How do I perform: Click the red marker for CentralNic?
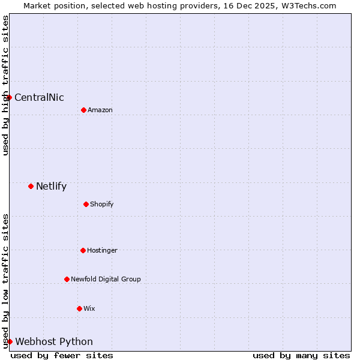click(x=9, y=97)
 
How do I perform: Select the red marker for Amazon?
click(x=83, y=110)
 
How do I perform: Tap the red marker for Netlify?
click(x=31, y=186)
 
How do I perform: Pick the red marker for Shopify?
click(x=86, y=204)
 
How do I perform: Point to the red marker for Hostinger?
click(x=83, y=250)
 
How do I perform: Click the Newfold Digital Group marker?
click(x=67, y=279)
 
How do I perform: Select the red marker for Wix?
click(x=79, y=308)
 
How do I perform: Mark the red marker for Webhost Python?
click(x=10, y=341)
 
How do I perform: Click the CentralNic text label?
click(x=39, y=98)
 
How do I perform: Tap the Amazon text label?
click(x=100, y=110)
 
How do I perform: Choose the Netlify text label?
click(x=51, y=187)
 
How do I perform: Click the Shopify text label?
click(x=102, y=205)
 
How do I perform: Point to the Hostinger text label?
click(x=102, y=251)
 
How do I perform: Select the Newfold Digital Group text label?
click(x=106, y=280)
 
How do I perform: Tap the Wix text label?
click(x=89, y=309)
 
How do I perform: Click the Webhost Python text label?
click(x=54, y=342)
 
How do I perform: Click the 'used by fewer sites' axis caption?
click(x=62, y=355)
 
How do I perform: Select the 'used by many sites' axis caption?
click(x=301, y=355)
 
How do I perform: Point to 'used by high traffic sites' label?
click(x=5, y=85)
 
